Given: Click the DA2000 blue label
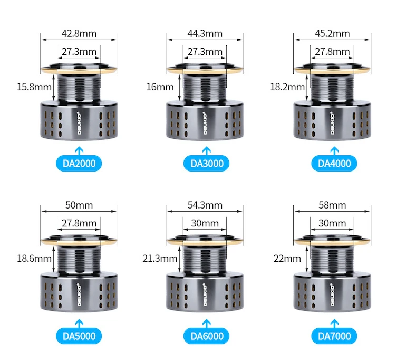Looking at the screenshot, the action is [x=79, y=163].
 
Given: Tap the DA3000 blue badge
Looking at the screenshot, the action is [x=206, y=163].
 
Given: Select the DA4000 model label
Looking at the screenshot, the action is [x=334, y=163].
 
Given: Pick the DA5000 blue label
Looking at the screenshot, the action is [x=79, y=336].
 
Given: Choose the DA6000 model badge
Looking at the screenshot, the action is [x=206, y=336].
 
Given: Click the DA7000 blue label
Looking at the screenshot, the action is [x=334, y=336].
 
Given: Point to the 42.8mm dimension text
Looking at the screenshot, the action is [x=79, y=33].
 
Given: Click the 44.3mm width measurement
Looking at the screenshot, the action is [x=205, y=33].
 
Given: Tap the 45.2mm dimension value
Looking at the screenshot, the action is [x=332, y=33].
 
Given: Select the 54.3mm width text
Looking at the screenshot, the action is [x=205, y=205].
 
